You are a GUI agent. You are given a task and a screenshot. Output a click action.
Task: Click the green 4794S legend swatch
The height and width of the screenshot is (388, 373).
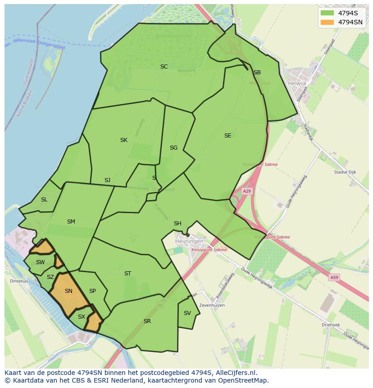pos(327,13)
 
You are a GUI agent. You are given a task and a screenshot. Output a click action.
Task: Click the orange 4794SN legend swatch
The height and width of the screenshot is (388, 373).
pos(327,22)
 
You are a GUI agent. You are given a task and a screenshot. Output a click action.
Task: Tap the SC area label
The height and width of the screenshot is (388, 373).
pos(164,67)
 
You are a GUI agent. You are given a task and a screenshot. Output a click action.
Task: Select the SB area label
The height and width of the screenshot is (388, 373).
pos(257,73)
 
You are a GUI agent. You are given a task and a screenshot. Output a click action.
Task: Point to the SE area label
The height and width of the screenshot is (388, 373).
pos(227,136)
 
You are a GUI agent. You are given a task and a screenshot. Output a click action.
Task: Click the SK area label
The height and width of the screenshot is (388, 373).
pos(124,140)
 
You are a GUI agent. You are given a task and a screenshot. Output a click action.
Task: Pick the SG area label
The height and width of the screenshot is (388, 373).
pos(173,148)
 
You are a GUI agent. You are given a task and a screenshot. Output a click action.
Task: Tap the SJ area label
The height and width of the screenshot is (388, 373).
pos(107,180)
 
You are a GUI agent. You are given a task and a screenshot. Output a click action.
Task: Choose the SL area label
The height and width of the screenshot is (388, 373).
pos(44,200)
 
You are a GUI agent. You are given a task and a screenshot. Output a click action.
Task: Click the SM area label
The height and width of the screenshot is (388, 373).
pos(71,222)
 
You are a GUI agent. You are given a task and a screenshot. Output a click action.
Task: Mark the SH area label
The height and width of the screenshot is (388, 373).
pos(177,224)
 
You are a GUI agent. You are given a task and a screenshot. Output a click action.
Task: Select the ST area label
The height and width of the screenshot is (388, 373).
pos(127,274)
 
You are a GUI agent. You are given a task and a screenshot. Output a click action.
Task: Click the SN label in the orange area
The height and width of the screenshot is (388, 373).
pos(68,291)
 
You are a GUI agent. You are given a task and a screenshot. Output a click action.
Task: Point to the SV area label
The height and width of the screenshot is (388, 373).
pos(187,313)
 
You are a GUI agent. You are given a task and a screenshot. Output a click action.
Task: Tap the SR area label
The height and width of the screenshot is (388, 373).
pos(147,321)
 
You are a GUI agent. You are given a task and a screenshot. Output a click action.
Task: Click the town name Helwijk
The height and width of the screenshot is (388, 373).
pos(297,83)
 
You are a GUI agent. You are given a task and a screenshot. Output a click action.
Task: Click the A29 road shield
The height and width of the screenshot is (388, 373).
pos(247,192)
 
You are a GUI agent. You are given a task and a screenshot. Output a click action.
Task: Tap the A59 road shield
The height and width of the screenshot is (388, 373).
pos(334,278)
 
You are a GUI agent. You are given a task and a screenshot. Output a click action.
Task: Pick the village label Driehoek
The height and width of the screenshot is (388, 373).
pos(331,324)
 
